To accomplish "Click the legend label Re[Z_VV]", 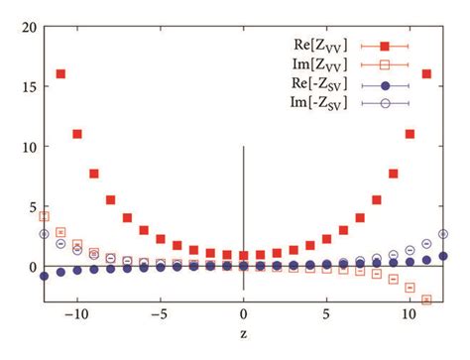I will (x=314, y=46).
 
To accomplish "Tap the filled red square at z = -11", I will (x=60, y=74).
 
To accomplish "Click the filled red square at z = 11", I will (x=426, y=74).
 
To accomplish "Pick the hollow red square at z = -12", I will (x=44, y=215).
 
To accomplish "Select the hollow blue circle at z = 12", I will (x=443, y=234).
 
